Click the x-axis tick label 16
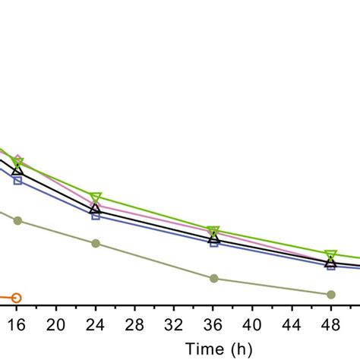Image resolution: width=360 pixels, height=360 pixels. click(x=16, y=325)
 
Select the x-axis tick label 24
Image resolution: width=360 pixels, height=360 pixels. click(x=95, y=325)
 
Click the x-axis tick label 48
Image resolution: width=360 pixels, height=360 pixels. click(x=331, y=325)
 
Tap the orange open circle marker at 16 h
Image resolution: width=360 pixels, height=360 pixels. click(x=17, y=298)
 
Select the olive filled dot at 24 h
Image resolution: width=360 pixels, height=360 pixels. click(x=96, y=244)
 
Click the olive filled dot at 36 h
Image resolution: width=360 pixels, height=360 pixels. click(x=213, y=279)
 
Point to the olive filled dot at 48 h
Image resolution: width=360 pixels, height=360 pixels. click(x=331, y=294)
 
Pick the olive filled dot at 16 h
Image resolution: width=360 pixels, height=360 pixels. click(x=17, y=221)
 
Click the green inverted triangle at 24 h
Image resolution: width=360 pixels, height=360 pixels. click(x=96, y=197)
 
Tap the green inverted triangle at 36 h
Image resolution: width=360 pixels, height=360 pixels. click(x=213, y=231)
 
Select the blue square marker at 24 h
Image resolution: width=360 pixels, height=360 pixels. click(x=96, y=216)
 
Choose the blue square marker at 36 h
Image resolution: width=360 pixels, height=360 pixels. click(x=213, y=244)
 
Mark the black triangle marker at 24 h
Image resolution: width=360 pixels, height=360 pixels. click(x=96, y=208)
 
